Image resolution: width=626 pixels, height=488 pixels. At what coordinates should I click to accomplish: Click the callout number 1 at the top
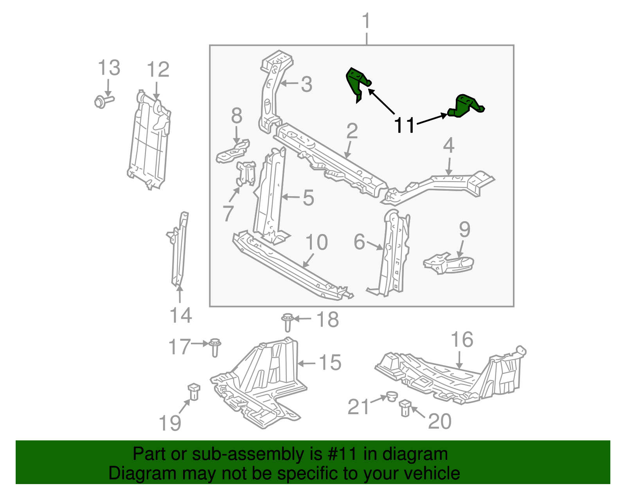pyautogui.click(x=366, y=21)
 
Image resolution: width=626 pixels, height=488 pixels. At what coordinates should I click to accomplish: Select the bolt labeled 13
pyautogui.click(x=103, y=101)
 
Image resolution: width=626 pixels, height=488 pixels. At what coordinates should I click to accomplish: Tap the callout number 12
pyautogui.click(x=158, y=70)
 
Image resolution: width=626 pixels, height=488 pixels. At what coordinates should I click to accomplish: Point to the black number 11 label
pyautogui.click(x=404, y=125)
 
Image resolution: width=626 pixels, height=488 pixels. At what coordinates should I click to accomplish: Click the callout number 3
pyautogui.click(x=307, y=84)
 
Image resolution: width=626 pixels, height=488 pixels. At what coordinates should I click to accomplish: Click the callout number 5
pyautogui.click(x=308, y=198)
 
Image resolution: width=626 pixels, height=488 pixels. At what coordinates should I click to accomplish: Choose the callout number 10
pyautogui.click(x=316, y=243)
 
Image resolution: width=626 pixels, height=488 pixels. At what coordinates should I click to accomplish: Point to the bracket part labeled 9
pyautogui.click(x=449, y=264)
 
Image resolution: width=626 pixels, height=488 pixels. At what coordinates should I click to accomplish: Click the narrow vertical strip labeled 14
pyautogui.click(x=179, y=250)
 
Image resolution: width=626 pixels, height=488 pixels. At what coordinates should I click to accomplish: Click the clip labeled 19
pyautogui.click(x=194, y=391)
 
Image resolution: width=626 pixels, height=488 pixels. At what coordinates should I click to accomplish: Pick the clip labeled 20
pyautogui.click(x=405, y=408)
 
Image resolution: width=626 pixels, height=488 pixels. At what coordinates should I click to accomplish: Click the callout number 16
pyautogui.click(x=462, y=340)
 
